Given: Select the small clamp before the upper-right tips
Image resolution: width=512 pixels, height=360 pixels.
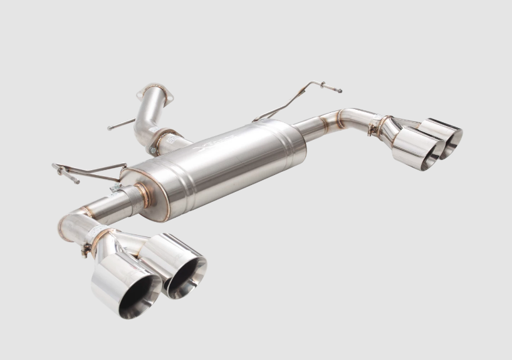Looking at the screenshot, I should pyautogui.click(x=374, y=129).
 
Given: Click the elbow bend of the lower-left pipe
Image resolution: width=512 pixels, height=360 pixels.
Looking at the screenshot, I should pyautogui.click(x=72, y=223).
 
